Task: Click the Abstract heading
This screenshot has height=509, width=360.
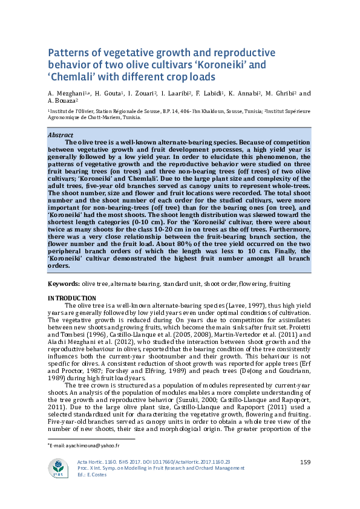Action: click(61, 135)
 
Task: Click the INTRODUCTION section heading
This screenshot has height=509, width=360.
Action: click(71, 297)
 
